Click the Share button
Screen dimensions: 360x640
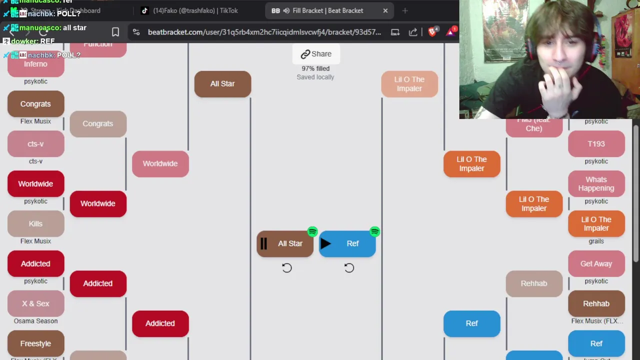click(316, 54)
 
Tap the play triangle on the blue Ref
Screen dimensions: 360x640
click(325, 244)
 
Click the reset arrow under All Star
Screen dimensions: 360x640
click(286, 268)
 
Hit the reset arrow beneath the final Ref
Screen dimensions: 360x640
click(349, 268)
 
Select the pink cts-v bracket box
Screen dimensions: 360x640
click(35, 144)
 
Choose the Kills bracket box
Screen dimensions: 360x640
click(35, 224)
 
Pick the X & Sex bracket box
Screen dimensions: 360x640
click(35, 303)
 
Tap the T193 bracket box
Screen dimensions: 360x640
click(596, 144)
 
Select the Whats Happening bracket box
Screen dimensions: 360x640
click(596, 184)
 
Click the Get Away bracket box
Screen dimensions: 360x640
click(596, 263)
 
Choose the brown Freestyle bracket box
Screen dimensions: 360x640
click(35, 343)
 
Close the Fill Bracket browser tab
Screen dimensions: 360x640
click(385, 10)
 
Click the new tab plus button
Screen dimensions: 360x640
click(405, 10)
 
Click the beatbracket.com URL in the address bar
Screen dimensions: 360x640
click(264, 32)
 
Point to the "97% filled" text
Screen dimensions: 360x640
click(315, 68)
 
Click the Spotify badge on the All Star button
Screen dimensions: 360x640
click(312, 232)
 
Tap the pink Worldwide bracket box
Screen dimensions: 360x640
click(160, 163)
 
